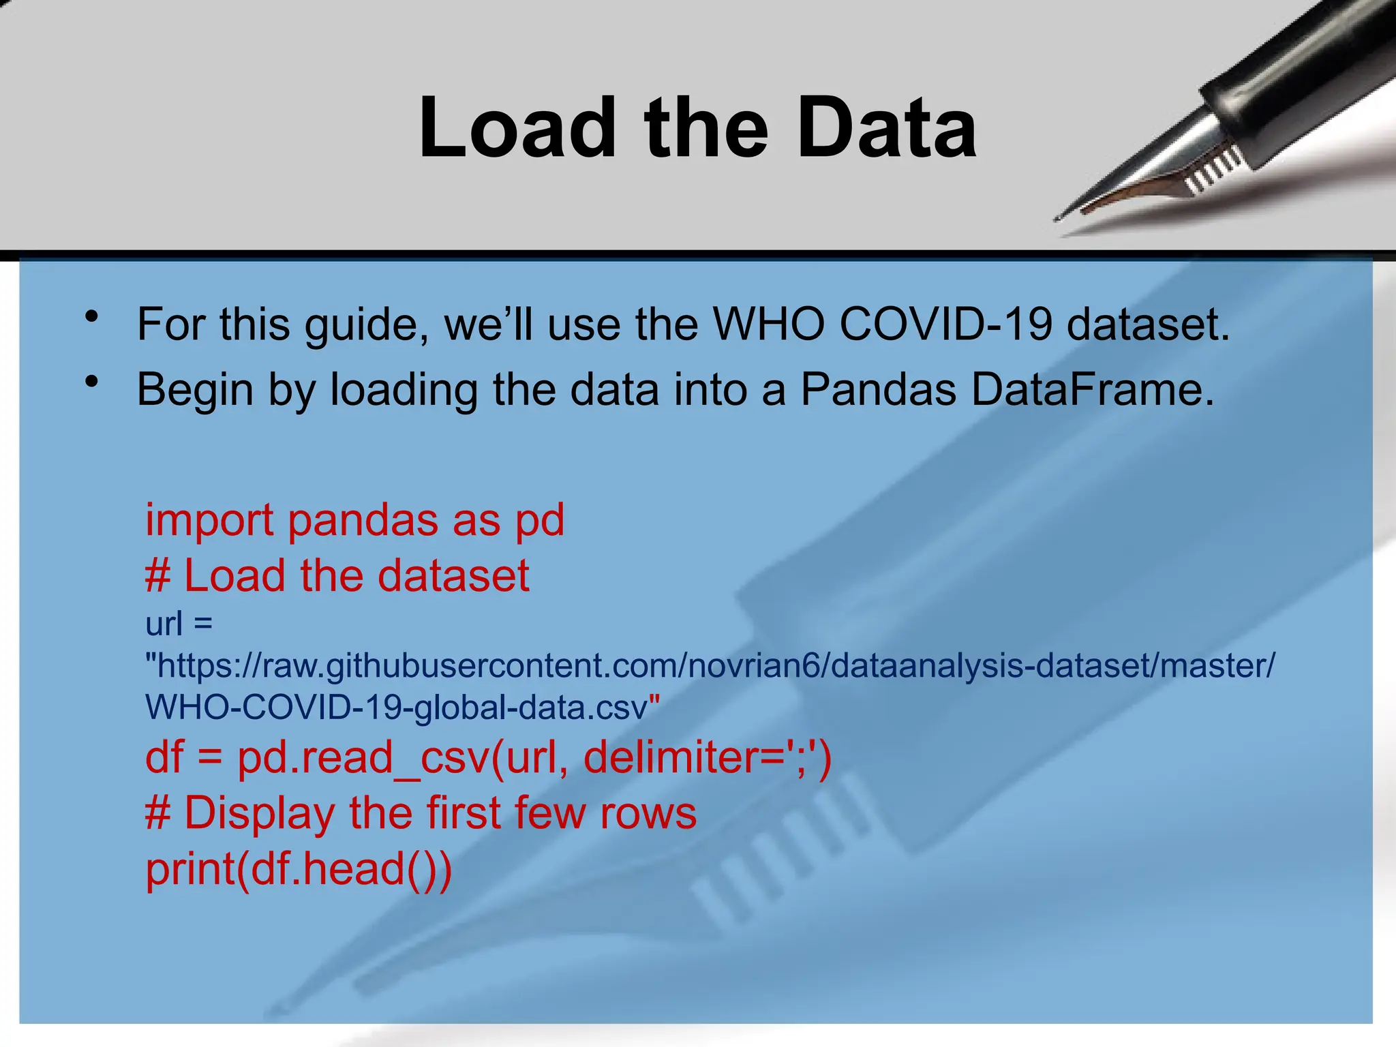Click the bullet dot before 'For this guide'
[92, 317]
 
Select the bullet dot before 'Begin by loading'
[92, 382]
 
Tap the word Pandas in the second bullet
[878, 390]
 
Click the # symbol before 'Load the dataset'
[157, 576]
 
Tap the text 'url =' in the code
[179, 624]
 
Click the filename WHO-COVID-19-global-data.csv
[402, 708]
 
